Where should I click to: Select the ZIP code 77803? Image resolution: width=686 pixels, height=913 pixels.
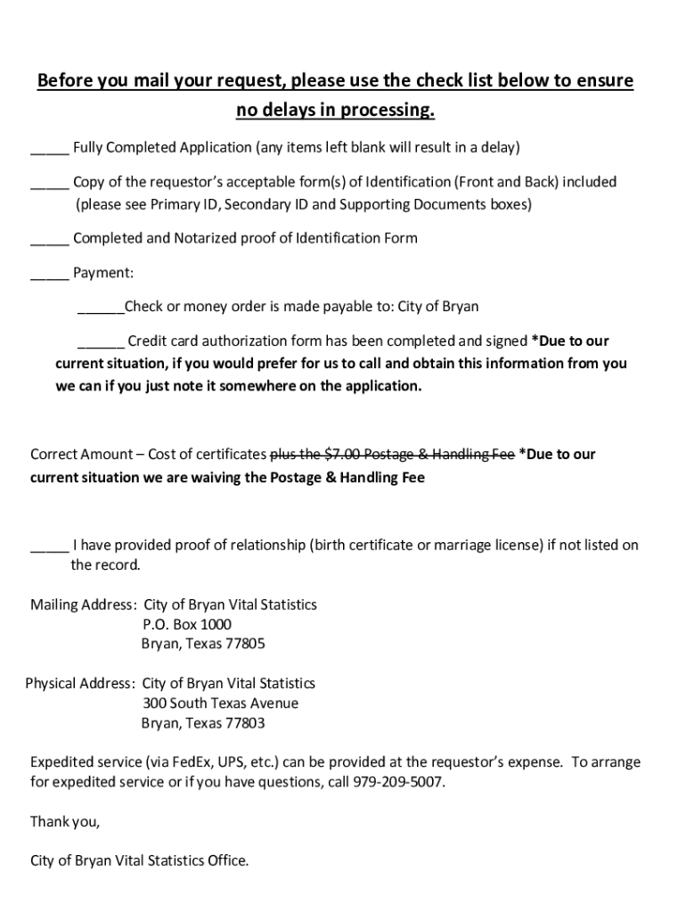click(x=245, y=723)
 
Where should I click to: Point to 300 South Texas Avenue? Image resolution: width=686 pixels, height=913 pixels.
click(x=220, y=703)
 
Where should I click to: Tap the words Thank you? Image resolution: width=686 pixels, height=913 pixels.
click(x=65, y=821)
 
